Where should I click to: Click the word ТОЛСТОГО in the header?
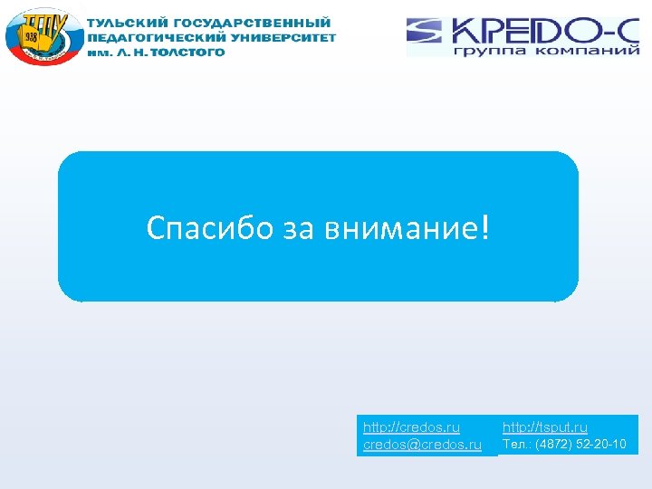192,53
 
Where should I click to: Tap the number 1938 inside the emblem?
32,36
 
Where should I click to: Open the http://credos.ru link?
411,427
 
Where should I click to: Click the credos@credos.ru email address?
422,445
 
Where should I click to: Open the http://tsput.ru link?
545,427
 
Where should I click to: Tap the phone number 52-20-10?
601,444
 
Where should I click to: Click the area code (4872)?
552,444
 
